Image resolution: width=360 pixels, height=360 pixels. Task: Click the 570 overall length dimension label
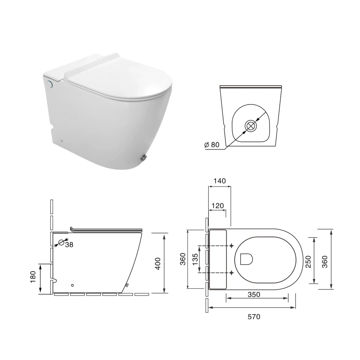click(254, 317)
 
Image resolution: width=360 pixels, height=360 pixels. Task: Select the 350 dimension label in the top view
click(254, 294)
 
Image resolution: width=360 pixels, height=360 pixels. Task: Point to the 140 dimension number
click(219, 181)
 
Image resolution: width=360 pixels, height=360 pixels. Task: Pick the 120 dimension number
click(217, 206)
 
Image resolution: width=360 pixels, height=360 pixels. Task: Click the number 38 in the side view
click(69, 244)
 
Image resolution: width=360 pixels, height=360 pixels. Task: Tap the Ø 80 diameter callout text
click(212, 145)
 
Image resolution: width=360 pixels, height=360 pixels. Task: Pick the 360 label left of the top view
click(183, 259)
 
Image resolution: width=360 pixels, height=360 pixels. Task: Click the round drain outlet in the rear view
click(251, 126)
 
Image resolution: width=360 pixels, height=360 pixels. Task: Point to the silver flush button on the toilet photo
click(50, 84)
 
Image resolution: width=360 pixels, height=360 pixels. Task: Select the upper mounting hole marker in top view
click(231, 246)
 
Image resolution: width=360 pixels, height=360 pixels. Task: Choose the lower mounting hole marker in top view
click(231, 273)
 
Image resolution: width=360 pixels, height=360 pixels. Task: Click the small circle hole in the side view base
click(72, 285)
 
